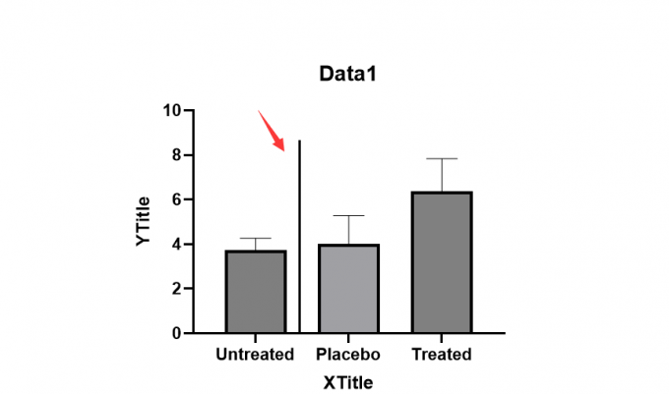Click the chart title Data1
tap(347, 74)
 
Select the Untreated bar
tap(256, 292)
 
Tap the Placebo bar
tap(348, 288)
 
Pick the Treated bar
tap(442, 262)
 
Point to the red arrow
tap(272, 131)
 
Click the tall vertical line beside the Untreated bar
tap(299, 236)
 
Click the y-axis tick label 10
tap(172, 111)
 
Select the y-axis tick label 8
tap(177, 155)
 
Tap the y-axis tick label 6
tap(177, 199)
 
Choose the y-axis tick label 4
tap(177, 244)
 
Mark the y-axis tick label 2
tap(177, 289)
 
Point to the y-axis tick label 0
tap(177, 333)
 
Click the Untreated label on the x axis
tap(255, 355)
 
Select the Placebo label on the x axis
tap(348, 355)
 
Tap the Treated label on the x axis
tap(442, 355)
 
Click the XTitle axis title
tap(348, 383)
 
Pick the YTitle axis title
tap(144, 221)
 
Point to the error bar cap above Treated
tap(442, 158)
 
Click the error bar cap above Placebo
tap(348, 215)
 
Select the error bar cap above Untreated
tap(256, 238)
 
